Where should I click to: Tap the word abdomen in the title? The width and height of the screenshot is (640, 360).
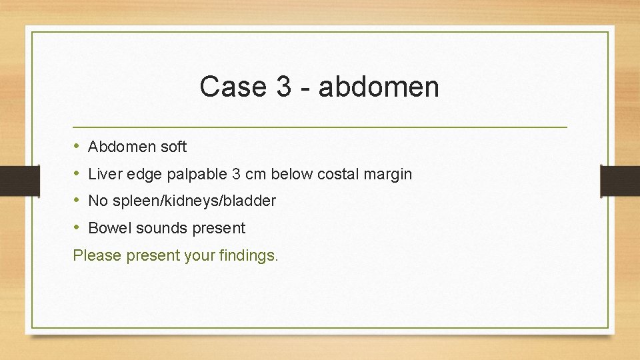tap(379, 87)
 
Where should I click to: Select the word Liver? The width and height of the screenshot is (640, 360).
tap(102, 174)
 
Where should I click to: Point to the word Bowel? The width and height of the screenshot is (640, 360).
tap(110, 228)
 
